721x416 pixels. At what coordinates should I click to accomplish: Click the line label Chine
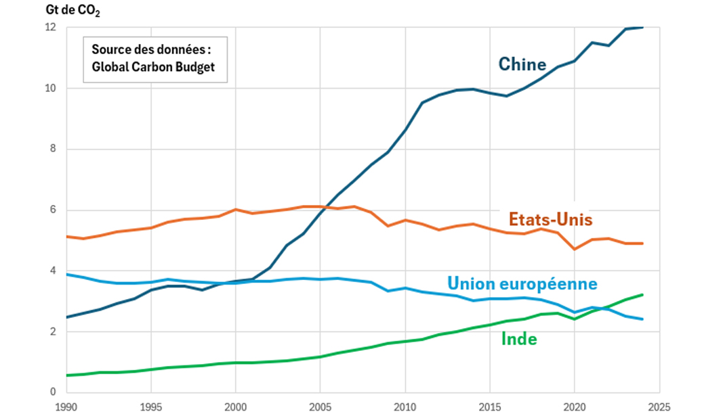click(x=522, y=64)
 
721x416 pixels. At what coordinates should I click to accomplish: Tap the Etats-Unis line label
click(x=551, y=220)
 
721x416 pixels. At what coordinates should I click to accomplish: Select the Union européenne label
click(x=522, y=283)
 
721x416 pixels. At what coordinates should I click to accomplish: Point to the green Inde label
click(x=519, y=339)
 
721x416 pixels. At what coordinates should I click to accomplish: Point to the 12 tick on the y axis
click(x=51, y=28)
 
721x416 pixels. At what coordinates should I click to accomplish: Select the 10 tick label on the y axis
click(x=51, y=89)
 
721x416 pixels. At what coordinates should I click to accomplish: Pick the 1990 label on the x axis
click(x=66, y=407)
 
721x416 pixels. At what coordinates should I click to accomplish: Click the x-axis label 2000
click(x=235, y=407)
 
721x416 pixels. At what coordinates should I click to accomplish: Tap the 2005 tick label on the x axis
click(x=320, y=407)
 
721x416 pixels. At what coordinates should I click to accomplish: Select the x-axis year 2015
click(x=489, y=407)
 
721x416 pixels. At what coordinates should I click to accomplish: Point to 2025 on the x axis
click(x=659, y=407)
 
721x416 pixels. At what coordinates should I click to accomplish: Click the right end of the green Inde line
click(x=642, y=294)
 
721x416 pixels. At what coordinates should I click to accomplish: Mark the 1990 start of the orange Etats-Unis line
click(x=66, y=236)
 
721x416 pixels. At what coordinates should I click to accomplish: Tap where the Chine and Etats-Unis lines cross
click(x=325, y=207)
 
